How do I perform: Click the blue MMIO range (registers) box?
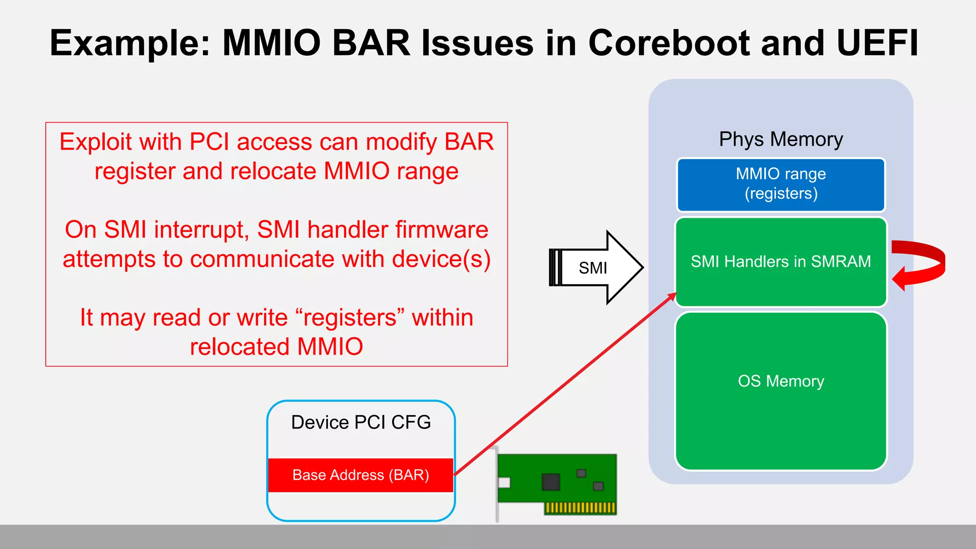pyautogui.click(x=781, y=184)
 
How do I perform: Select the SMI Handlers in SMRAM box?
pyautogui.click(x=781, y=262)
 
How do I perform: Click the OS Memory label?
pyautogui.click(x=781, y=381)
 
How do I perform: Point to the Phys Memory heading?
pyautogui.click(x=781, y=139)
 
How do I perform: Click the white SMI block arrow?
pyautogui.click(x=596, y=267)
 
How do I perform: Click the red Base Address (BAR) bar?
pyautogui.click(x=361, y=475)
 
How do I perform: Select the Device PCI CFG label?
pyautogui.click(x=361, y=422)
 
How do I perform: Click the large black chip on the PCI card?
pyautogui.click(x=550, y=482)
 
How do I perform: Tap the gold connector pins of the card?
pyautogui.click(x=580, y=508)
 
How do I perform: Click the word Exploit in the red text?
pyautogui.click(x=95, y=142)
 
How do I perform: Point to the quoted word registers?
pyautogui.click(x=350, y=318)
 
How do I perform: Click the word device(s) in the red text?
pyautogui.click(x=441, y=259)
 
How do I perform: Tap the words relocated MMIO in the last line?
pyautogui.click(x=276, y=347)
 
